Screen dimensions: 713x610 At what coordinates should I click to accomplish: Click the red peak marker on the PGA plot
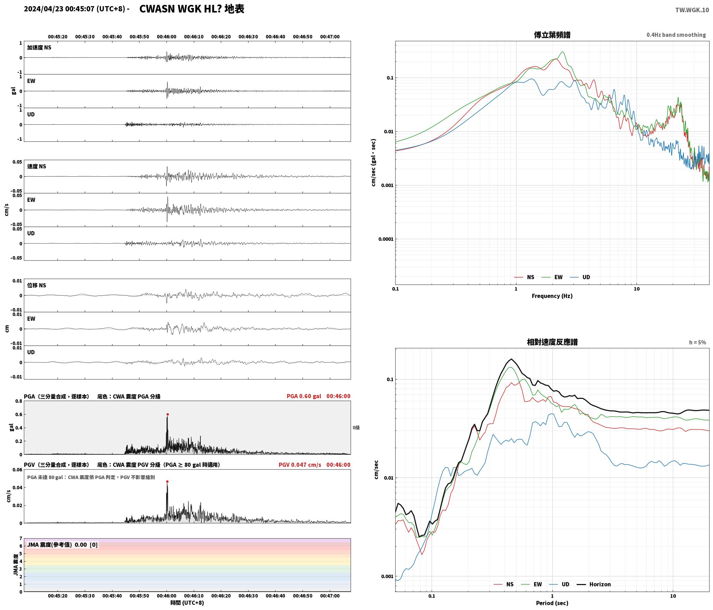pos(168,414)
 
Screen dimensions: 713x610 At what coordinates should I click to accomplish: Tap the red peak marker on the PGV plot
pos(167,481)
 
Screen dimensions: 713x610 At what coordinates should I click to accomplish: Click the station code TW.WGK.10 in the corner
pos(692,10)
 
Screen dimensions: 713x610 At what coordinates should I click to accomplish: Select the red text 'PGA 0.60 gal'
pos(304,396)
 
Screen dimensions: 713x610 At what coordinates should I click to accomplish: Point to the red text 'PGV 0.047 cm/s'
pos(300,465)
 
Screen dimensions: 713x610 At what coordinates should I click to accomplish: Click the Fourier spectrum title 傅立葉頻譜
pos(552,35)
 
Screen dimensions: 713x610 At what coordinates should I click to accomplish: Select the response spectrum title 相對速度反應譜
pos(552,342)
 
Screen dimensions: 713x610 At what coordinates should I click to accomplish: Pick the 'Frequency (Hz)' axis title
pos(552,296)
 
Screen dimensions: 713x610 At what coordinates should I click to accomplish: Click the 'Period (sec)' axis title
pos(552,603)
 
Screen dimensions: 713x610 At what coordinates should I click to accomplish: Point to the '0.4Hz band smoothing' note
pos(676,35)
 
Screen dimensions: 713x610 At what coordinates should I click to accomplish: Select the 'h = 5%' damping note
pos(697,342)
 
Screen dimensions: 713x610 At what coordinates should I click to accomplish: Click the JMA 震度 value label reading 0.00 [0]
pos(62,545)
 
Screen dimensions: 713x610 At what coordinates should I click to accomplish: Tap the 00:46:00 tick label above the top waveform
pos(166,37)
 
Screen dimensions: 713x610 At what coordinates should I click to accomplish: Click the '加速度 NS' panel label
pos(39,47)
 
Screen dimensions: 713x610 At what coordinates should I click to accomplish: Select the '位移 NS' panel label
pos(37,285)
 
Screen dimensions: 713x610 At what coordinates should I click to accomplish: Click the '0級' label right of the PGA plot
pos(356,428)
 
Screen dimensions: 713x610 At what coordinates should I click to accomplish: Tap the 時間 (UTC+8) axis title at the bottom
pos(187,603)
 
